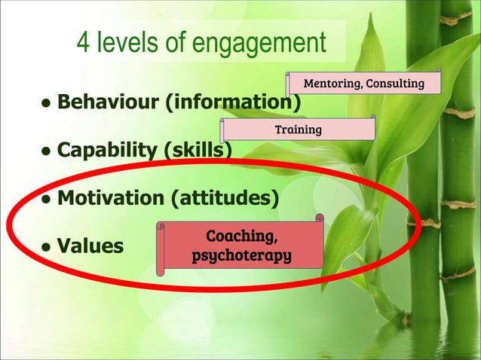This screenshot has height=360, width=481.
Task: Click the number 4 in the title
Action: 84,44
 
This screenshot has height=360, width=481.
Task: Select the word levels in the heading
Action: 128,44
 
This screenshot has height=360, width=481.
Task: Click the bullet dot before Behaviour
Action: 47,102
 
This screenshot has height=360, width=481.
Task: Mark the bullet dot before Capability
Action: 47,151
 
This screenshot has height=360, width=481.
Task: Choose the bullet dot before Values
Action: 47,246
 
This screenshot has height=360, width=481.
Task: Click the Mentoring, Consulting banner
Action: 363,83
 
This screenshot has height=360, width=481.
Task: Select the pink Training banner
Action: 298,130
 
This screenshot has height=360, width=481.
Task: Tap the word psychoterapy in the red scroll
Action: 241,256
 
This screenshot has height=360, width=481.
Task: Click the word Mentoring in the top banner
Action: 332,83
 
